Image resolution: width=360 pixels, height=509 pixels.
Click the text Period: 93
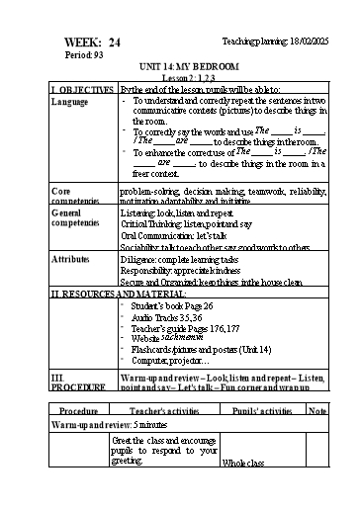[84, 55]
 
